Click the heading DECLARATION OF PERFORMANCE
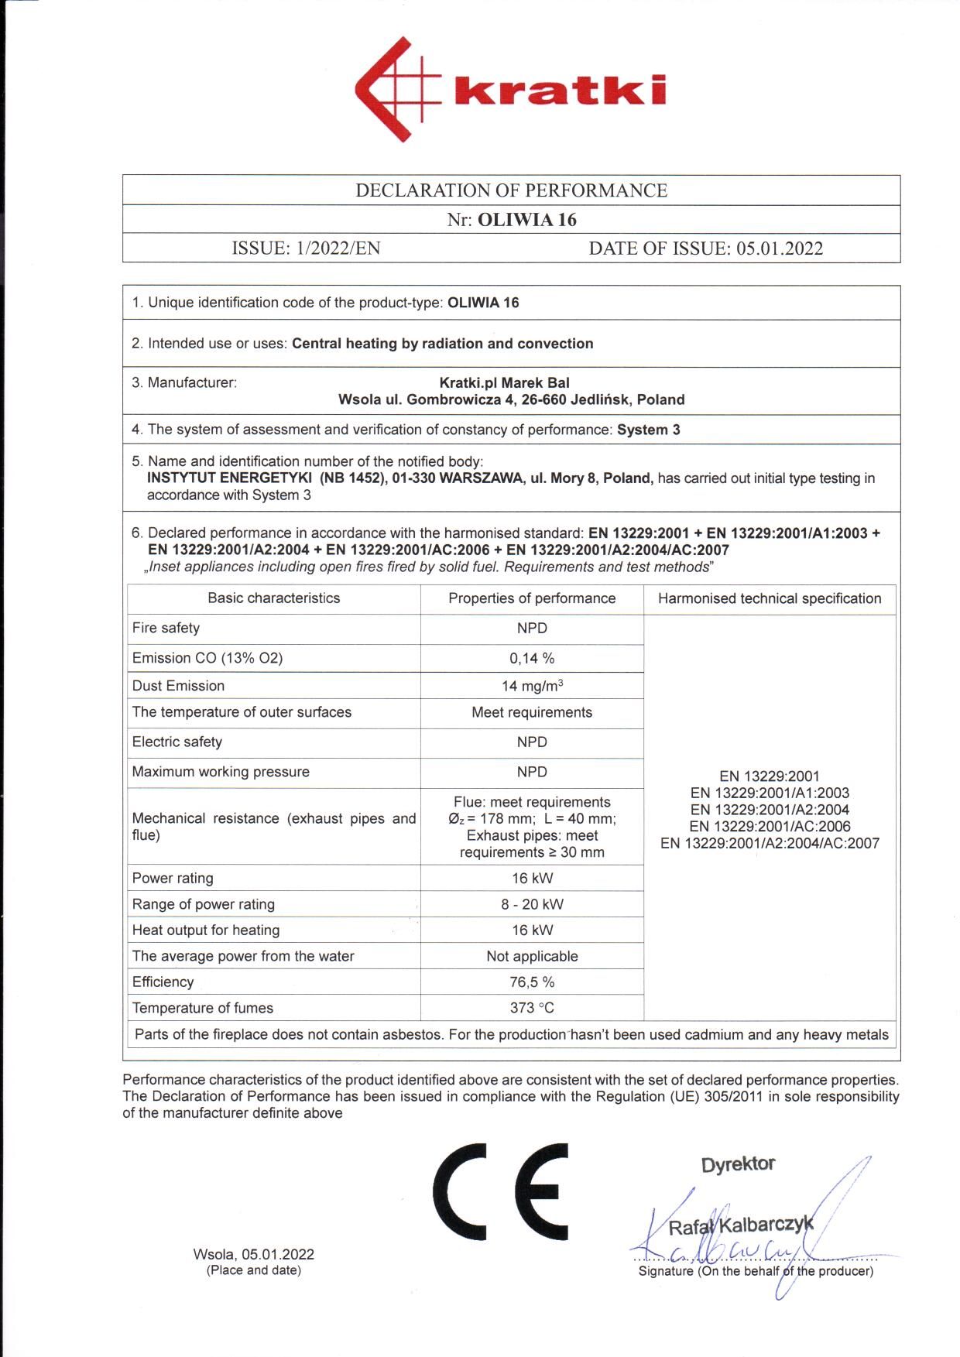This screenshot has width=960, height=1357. [511, 190]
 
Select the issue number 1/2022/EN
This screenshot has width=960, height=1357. [338, 248]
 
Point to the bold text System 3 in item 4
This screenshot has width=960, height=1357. [648, 430]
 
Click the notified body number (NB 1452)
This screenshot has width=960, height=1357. [351, 478]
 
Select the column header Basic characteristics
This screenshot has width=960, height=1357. [273, 598]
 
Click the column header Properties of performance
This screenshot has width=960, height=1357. [532, 598]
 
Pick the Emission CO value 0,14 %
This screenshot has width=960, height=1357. [532, 659]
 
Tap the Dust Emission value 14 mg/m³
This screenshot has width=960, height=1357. [532, 686]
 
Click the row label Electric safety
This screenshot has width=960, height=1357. [177, 742]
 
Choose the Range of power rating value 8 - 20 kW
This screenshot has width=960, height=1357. [532, 904]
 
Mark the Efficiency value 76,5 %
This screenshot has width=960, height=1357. [532, 982]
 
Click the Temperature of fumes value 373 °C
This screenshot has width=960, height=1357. [532, 1008]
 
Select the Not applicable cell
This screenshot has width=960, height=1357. [532, 957]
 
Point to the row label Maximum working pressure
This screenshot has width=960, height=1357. [221, 772]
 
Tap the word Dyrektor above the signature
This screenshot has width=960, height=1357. [738, 1164]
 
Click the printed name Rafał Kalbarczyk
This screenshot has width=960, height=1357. [741, 1226]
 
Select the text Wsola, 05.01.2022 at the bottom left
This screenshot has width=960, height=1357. [254, 1254]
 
